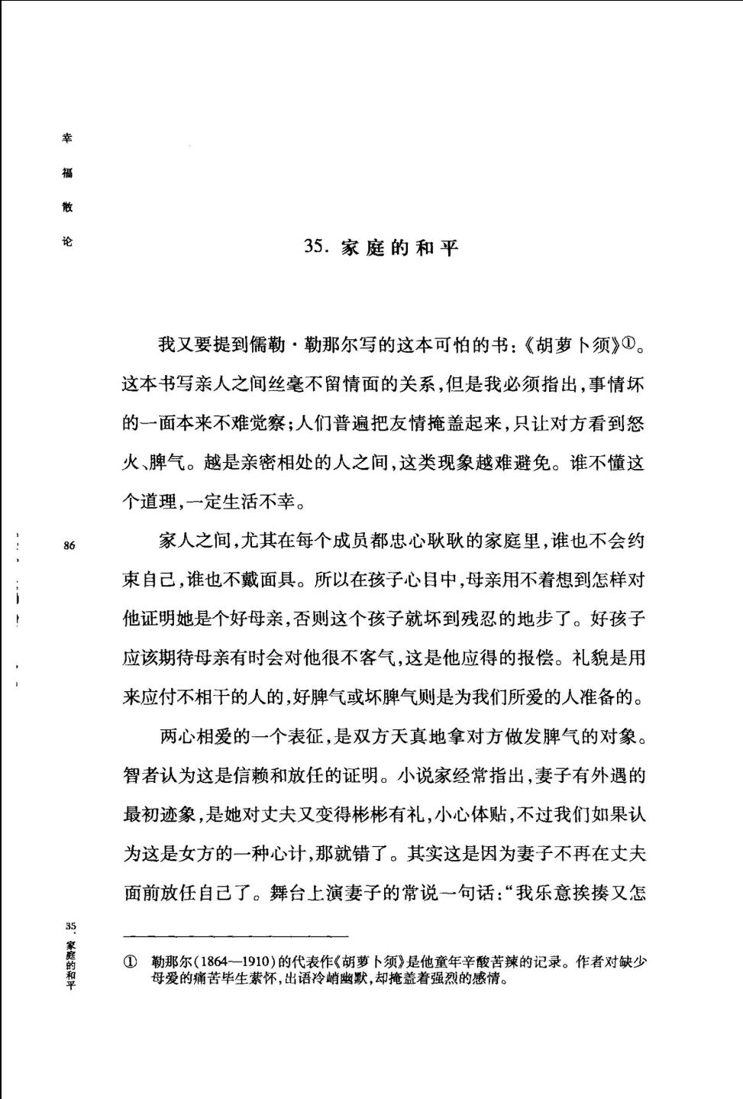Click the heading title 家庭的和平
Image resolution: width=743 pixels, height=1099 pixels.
399,247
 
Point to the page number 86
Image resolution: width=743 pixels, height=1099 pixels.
69,545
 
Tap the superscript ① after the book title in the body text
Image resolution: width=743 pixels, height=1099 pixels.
628,343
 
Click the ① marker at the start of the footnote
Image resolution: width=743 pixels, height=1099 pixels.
130,962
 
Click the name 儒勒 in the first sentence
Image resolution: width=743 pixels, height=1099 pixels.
267,345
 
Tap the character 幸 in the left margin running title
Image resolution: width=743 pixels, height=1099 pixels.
67,139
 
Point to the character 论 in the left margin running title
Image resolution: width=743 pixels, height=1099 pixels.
67,241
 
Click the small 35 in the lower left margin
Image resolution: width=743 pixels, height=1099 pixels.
70,926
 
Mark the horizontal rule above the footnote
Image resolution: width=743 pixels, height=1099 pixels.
236,936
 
